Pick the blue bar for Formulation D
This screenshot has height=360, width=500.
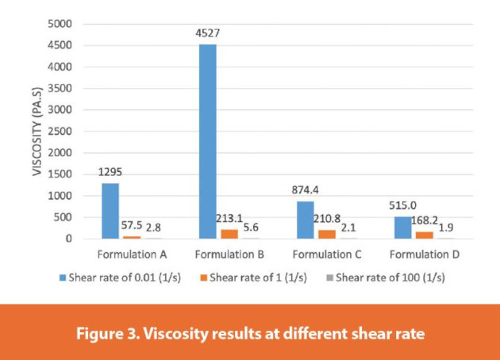(402, 228)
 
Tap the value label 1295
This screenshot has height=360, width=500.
(110, 173)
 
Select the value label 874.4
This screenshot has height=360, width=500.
(305, 191)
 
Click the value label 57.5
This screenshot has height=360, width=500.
(131, 226)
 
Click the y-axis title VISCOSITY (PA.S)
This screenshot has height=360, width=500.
(37, 131)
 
